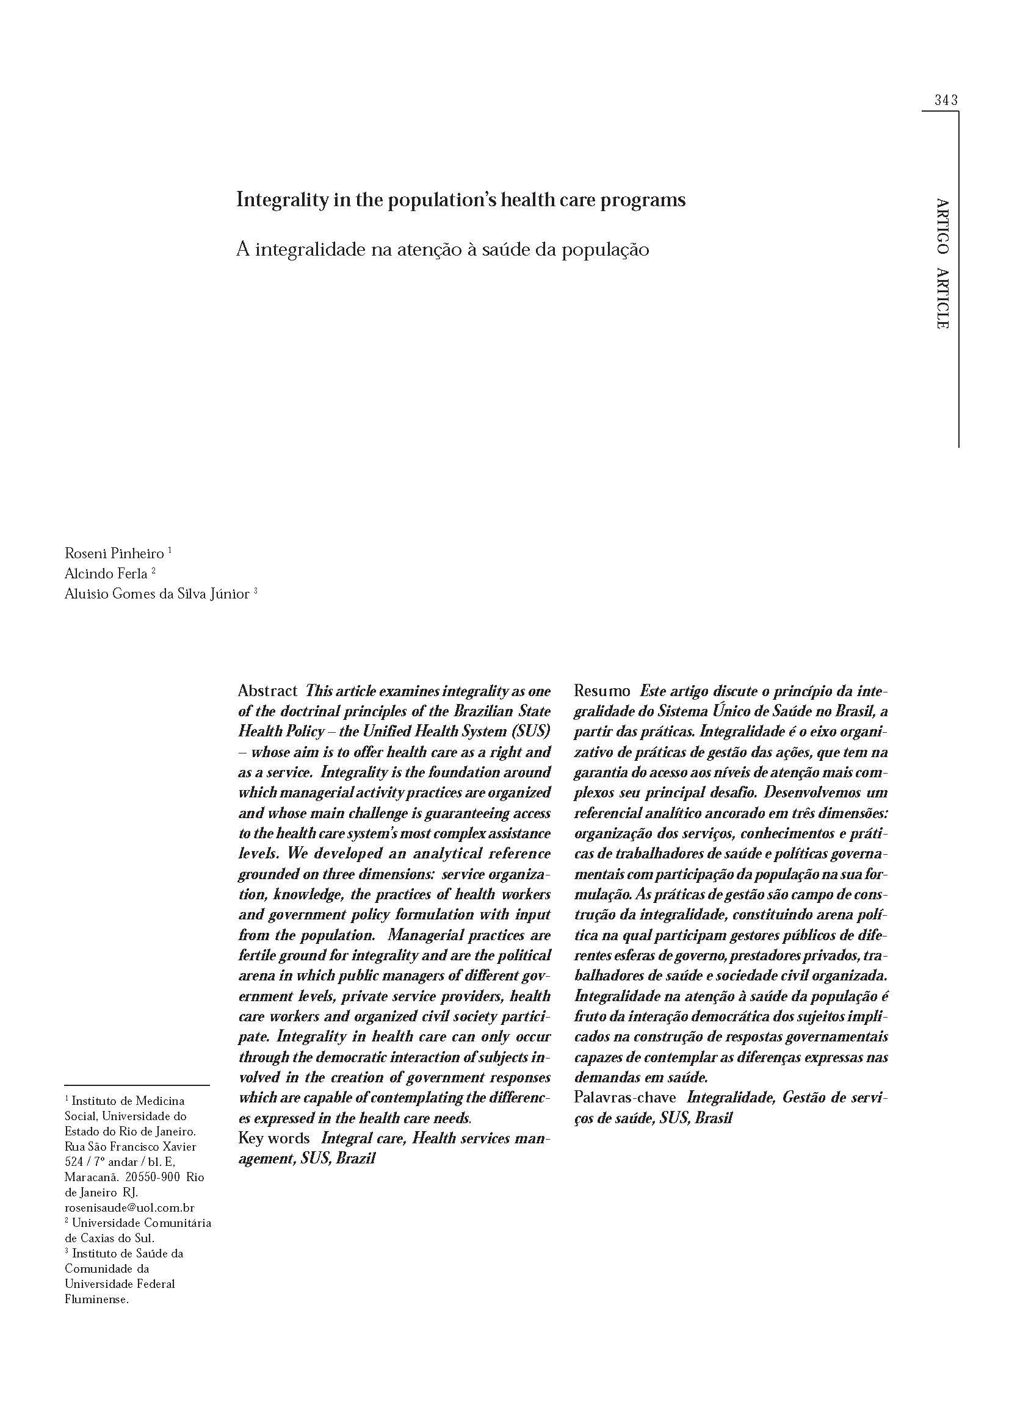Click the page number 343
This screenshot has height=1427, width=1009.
pyautogui.click(x=946, y=100)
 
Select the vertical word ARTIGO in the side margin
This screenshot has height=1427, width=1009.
pyautogui.click(x=942, y=226)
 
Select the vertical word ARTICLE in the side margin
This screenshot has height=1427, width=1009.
pyautogui.click(x=942, y=298)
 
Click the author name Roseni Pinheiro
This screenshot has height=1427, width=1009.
pyautogui.click(x=114, y=553)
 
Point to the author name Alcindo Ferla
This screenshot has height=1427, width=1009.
pyautogui.click(x=106, y=573)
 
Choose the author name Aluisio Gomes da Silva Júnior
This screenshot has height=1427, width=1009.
pyautogui.click(x=157, y=594)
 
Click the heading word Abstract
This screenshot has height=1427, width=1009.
pyautogui.click(x=267, y=691)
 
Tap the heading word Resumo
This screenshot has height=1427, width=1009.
pyautogui.click(x=602, y=691)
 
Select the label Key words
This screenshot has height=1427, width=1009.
pyautogui.click(x=274, y=1138)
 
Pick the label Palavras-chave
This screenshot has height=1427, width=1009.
pyautogui.click(x=625, y=1097)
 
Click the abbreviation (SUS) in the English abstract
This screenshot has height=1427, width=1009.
pyautogui.click(x=532, y=731)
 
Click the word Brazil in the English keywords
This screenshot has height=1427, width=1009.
pyautogui.click(x=356, y=1159)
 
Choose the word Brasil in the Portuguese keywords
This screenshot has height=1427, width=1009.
pyautogui.click(x=714, y=1118)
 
